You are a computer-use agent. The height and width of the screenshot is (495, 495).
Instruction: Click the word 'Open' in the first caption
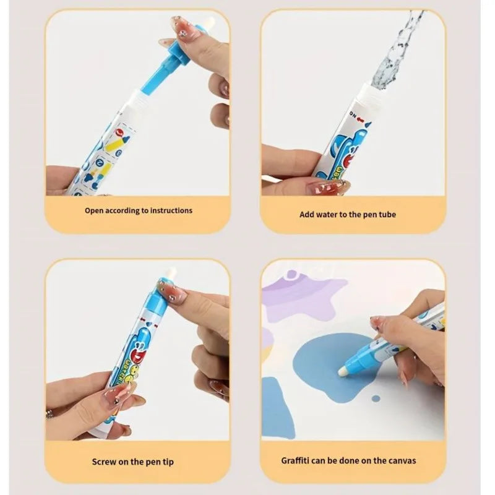[95, 210]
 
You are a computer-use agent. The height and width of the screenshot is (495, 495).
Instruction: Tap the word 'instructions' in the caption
[170, 210]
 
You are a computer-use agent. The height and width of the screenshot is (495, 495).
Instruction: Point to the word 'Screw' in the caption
[104, 460]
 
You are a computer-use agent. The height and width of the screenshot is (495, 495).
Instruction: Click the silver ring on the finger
[49, 412]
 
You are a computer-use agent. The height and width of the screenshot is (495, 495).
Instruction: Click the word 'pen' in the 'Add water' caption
[365, 215]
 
